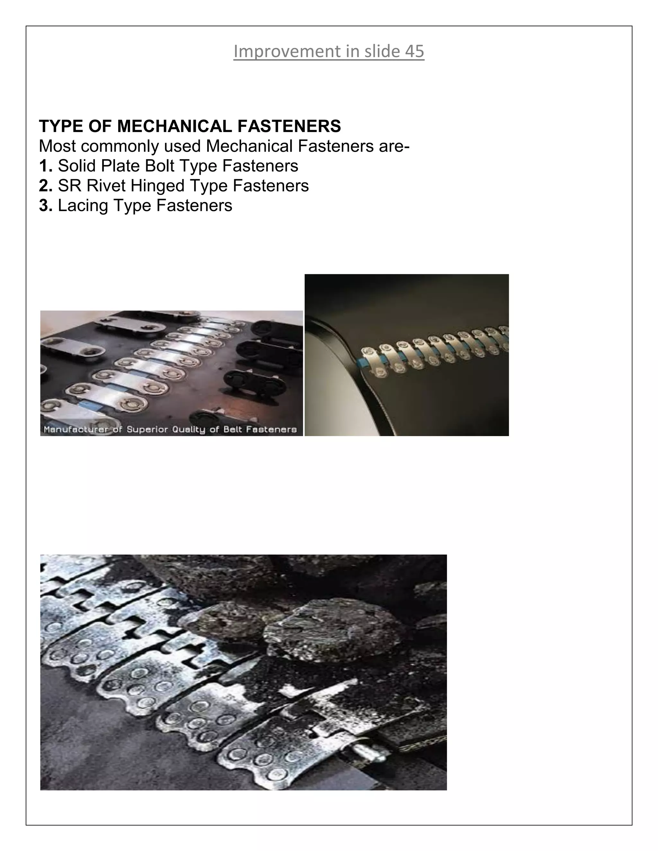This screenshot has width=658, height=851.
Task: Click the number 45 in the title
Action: tap(414, 51)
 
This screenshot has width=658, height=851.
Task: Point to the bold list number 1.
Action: tap(45, 166)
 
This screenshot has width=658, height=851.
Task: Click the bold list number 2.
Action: tap(45, 186)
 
